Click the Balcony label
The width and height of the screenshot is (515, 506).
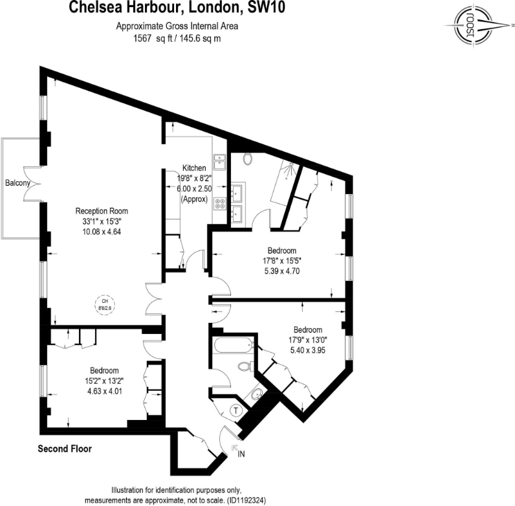[x=17, y=183]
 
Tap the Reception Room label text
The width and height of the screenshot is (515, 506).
[x=102, y=211]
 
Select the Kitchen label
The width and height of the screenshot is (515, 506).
[x=194, y=168]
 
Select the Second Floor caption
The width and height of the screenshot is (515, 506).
[x=65, y=448]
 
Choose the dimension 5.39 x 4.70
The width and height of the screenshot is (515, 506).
[x=282, y=272]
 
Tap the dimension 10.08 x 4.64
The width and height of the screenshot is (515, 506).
[x=102, y=232]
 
